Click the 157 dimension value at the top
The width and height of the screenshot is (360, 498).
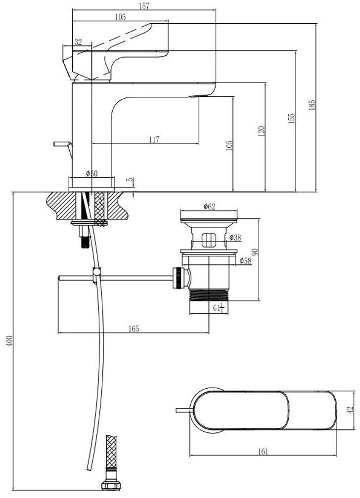(144, 6)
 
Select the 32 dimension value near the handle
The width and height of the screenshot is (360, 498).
(78, 42)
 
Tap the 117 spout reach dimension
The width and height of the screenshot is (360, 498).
(154, 139)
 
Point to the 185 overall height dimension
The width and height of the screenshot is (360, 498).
(312, 105)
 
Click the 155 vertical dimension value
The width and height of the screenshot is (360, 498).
(292, 119)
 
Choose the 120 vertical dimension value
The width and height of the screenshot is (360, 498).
(262, 131)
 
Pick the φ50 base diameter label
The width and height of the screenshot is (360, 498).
(92, 173)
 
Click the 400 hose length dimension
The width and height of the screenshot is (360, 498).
(10, 341)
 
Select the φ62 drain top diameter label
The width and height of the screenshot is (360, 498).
(209, 207)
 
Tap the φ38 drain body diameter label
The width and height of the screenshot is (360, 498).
(235, 237)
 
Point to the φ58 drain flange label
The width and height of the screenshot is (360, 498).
(245, 261)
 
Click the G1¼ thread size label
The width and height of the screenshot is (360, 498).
(219, 308)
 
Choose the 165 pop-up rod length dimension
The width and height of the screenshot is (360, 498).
(134, 329)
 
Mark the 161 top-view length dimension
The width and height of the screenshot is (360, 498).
(263, 452)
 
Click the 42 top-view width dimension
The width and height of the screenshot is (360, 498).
(351, 410)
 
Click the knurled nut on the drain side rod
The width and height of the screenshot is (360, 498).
(179, 278)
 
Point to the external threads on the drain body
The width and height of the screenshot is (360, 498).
(209, 294)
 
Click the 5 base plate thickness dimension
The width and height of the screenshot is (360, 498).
(131, 180)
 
